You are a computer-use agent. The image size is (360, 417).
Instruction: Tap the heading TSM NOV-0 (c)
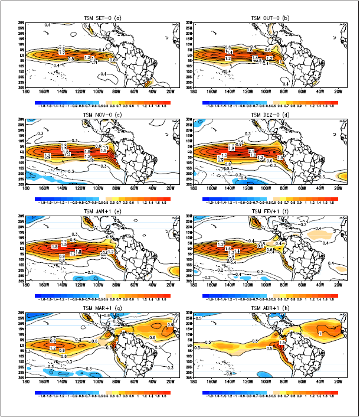point(101,115)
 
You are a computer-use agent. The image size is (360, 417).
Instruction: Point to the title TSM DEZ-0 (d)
point(268,115)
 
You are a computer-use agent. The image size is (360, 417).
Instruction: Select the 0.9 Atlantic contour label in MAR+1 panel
point(170,325)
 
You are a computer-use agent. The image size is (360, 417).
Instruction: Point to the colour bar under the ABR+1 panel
point(270,391)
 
